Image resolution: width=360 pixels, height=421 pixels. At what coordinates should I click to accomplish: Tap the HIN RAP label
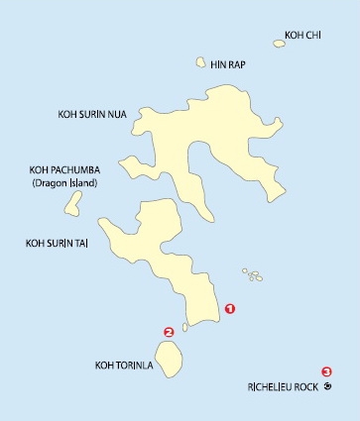click(x=227, y=63)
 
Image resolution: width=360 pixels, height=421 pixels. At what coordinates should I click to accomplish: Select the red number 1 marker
click(x=230, y=309)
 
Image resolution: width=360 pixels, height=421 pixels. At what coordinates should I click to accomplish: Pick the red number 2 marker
click(x=169, y=333)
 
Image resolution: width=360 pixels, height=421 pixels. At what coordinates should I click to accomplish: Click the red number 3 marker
click(x=325, y=371)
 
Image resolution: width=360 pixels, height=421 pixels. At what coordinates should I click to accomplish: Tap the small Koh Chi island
click(x=279, y=43)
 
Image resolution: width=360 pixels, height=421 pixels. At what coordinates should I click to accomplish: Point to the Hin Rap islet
click(x=201, y=61)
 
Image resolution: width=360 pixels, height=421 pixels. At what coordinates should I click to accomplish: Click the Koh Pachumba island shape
click(x=73, y=203)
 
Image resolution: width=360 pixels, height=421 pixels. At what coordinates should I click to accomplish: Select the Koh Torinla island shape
click(x=173, y=359)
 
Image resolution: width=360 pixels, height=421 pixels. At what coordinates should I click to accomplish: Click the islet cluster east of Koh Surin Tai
click(x=254, y=274)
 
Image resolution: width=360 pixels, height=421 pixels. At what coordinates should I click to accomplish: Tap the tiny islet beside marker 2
click(x=184, y=328)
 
